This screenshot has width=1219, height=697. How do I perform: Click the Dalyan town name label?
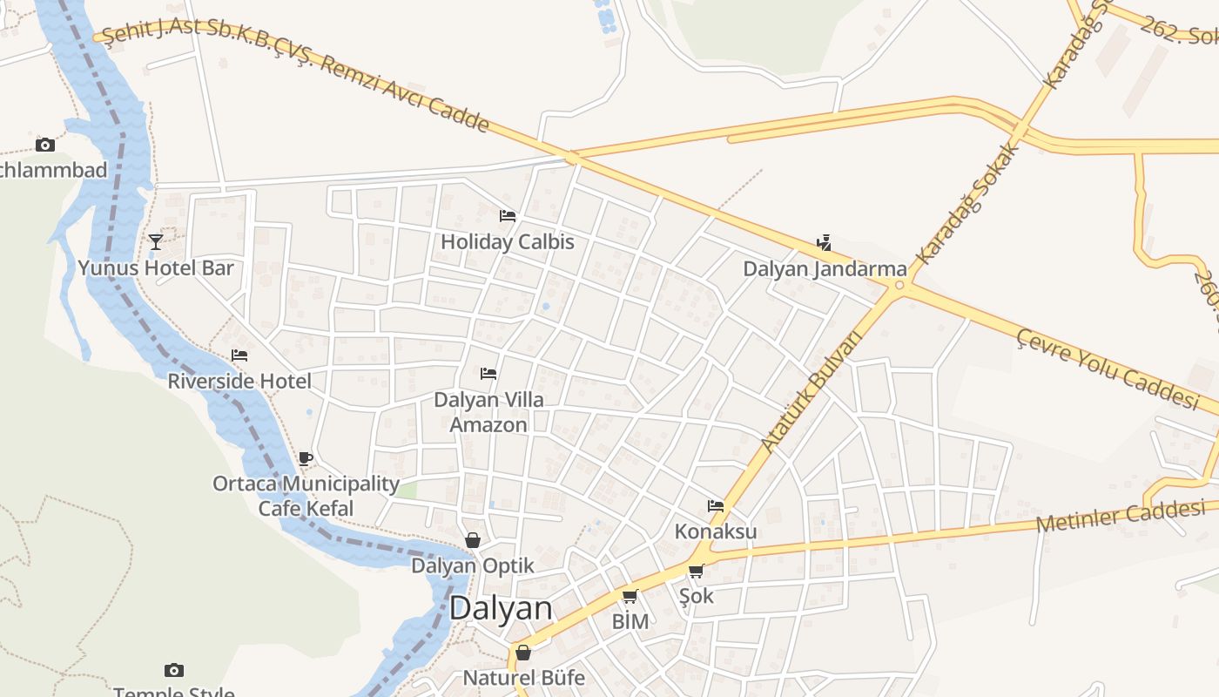[x=501, y=608]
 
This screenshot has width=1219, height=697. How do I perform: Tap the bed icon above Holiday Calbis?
[x=508, y=216]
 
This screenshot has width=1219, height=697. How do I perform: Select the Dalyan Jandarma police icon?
[x=824, y=243]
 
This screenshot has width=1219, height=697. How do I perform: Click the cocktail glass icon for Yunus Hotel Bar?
[x=156, y=241]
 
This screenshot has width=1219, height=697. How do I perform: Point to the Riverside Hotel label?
[x=239, y=381]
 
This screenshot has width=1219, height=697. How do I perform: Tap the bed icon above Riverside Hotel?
[x=239, y=355]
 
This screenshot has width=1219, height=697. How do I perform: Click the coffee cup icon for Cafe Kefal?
[x=305, y=457]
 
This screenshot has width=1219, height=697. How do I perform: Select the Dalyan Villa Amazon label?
[x=488, y=412]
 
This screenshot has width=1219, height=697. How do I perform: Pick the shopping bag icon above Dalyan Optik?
[x=473, y=540]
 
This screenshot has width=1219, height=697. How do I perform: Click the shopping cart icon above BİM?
[x=630, y=597]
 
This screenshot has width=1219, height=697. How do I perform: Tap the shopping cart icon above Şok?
[x=696, y=572]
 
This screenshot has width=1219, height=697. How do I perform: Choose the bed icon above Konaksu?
[x=716, y=505]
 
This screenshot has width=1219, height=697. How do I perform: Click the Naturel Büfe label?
[x=523, y=677]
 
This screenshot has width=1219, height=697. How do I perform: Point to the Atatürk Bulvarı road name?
[x=810, y=390]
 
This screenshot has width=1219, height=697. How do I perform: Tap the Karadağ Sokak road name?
[x=969, y=202]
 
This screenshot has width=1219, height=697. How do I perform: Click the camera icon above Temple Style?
[x=174, y=670]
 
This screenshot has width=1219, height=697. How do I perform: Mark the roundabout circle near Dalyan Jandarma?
[x=899, y=285]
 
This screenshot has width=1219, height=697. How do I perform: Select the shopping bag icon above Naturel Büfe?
[x=523, y=653]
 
